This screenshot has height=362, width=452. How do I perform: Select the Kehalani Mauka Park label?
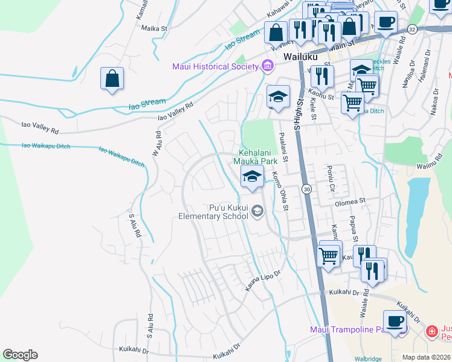(257, 157)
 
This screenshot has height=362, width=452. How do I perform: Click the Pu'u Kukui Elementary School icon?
(257, 211)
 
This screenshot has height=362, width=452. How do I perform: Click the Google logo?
(20, 355)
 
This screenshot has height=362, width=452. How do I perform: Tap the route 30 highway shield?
(307, 189)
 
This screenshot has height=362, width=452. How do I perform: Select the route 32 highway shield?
(412, 28)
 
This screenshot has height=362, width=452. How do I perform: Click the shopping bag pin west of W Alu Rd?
(112, 78)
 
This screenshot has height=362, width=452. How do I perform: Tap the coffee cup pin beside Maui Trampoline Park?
(395, 321)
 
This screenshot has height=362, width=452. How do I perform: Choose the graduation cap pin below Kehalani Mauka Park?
(252, 176)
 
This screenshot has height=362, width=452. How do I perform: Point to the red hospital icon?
(431, 331)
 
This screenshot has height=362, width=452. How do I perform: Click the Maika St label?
(153, 28)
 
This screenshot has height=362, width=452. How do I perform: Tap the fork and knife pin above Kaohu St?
(322, 76)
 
